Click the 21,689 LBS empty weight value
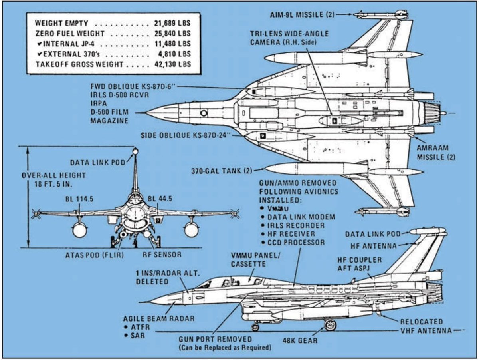tap(172, 23)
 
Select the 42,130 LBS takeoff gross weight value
tap(172, 64)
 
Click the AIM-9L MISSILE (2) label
tap(302, 15)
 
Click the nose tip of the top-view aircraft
tap(147, 113)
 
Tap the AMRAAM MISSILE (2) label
tap(436, 152)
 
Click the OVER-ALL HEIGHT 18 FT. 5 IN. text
tap(53, 179)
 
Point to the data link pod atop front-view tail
tap(135, 152)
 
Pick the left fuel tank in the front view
tap(79, 229)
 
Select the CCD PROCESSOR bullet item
tap(296, 242)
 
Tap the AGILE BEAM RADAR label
tap(158, 319)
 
